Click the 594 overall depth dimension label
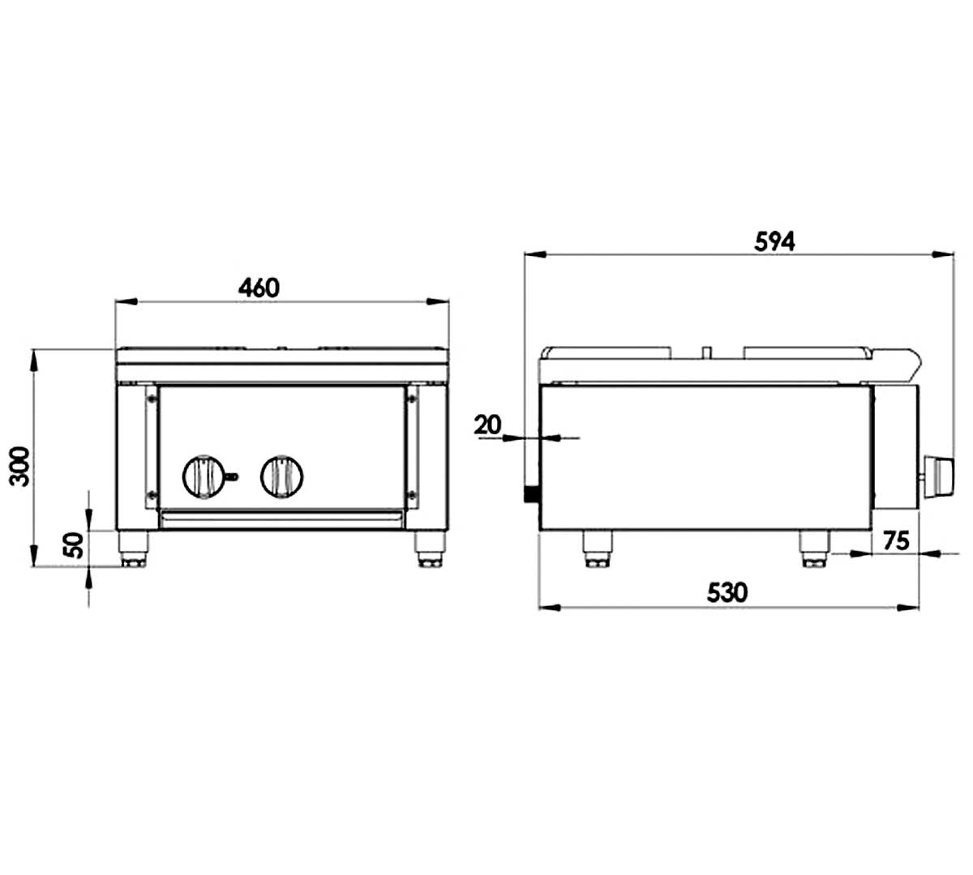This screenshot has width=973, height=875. (774, 241)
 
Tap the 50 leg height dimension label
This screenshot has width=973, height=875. (73, 545)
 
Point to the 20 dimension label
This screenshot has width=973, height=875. (489, 424)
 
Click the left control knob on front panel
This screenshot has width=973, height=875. (203, 475)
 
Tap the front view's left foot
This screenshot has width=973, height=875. (134, 548)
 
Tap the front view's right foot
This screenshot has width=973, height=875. (430, 548)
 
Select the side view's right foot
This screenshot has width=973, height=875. (813, 548)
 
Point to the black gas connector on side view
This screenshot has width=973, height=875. (532, 493)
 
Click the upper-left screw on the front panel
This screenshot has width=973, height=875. (151, 397)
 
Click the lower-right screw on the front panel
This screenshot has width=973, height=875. (412, 493)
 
